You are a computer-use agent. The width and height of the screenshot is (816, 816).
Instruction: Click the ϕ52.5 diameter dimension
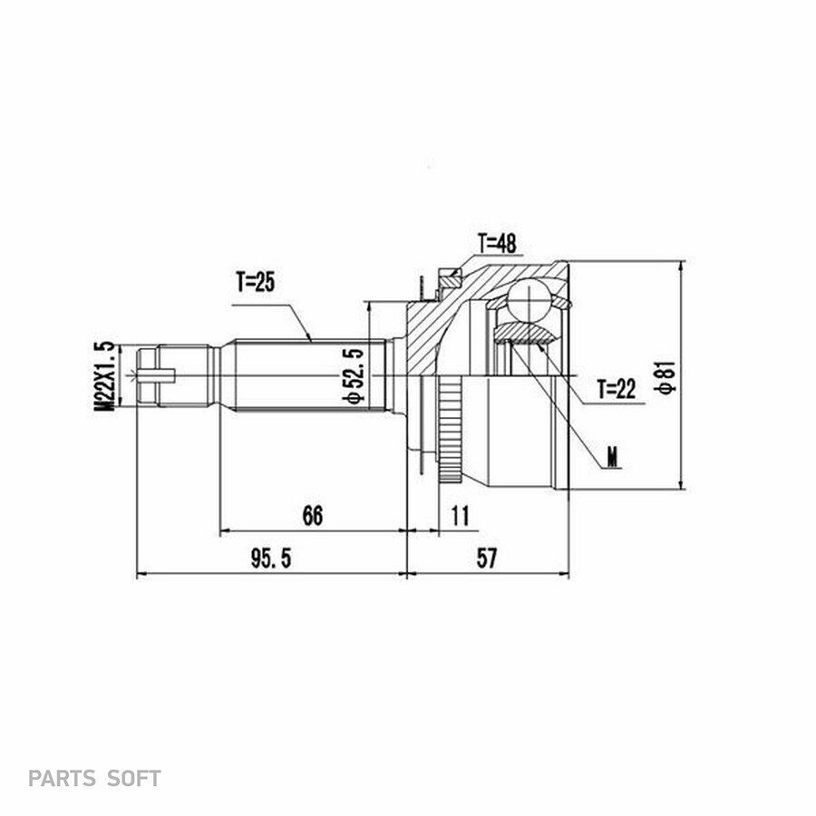(354, 375)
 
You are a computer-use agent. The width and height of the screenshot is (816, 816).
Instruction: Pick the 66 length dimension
(312, 515)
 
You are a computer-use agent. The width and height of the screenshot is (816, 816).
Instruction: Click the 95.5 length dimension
(271, 559)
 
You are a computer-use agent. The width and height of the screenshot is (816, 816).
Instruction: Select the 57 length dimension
(487, 559)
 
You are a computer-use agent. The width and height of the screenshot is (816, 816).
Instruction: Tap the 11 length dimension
(460, 515)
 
